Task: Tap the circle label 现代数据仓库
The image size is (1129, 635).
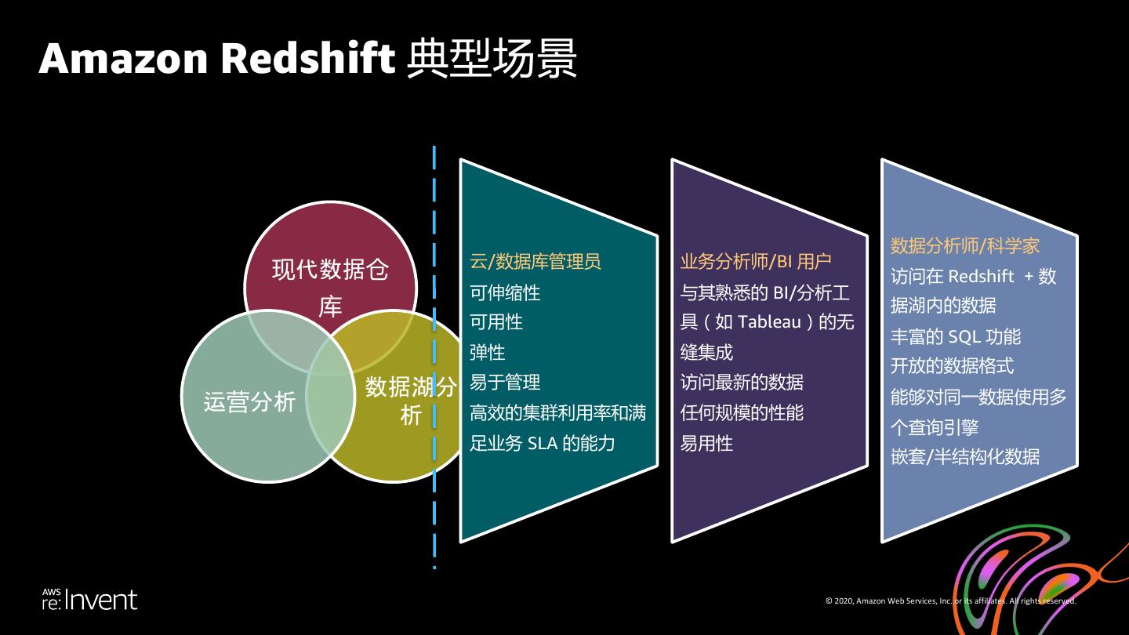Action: point(330,288)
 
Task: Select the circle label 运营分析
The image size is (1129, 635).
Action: point(249,401)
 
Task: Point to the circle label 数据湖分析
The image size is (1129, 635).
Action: point(411,401)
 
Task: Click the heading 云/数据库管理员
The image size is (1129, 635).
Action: point(535,262)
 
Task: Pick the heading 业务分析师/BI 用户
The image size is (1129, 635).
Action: point(756,262)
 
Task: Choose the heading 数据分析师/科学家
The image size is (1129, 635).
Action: point(964,246)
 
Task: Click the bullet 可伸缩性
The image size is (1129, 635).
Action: point(505,292)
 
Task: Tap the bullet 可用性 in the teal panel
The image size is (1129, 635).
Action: point(496,322)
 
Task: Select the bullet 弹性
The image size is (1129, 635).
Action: point(487,353)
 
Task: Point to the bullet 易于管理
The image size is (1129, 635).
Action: point(505,383)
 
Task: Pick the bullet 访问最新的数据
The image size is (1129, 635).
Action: point(742,383)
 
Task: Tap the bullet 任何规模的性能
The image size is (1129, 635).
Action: point(742,413)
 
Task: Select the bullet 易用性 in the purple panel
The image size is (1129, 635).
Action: point(706,444)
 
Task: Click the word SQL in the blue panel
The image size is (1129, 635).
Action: point(964,337)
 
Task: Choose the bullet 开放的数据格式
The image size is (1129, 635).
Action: point(952,366)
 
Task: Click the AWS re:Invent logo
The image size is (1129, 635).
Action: point(89,600)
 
